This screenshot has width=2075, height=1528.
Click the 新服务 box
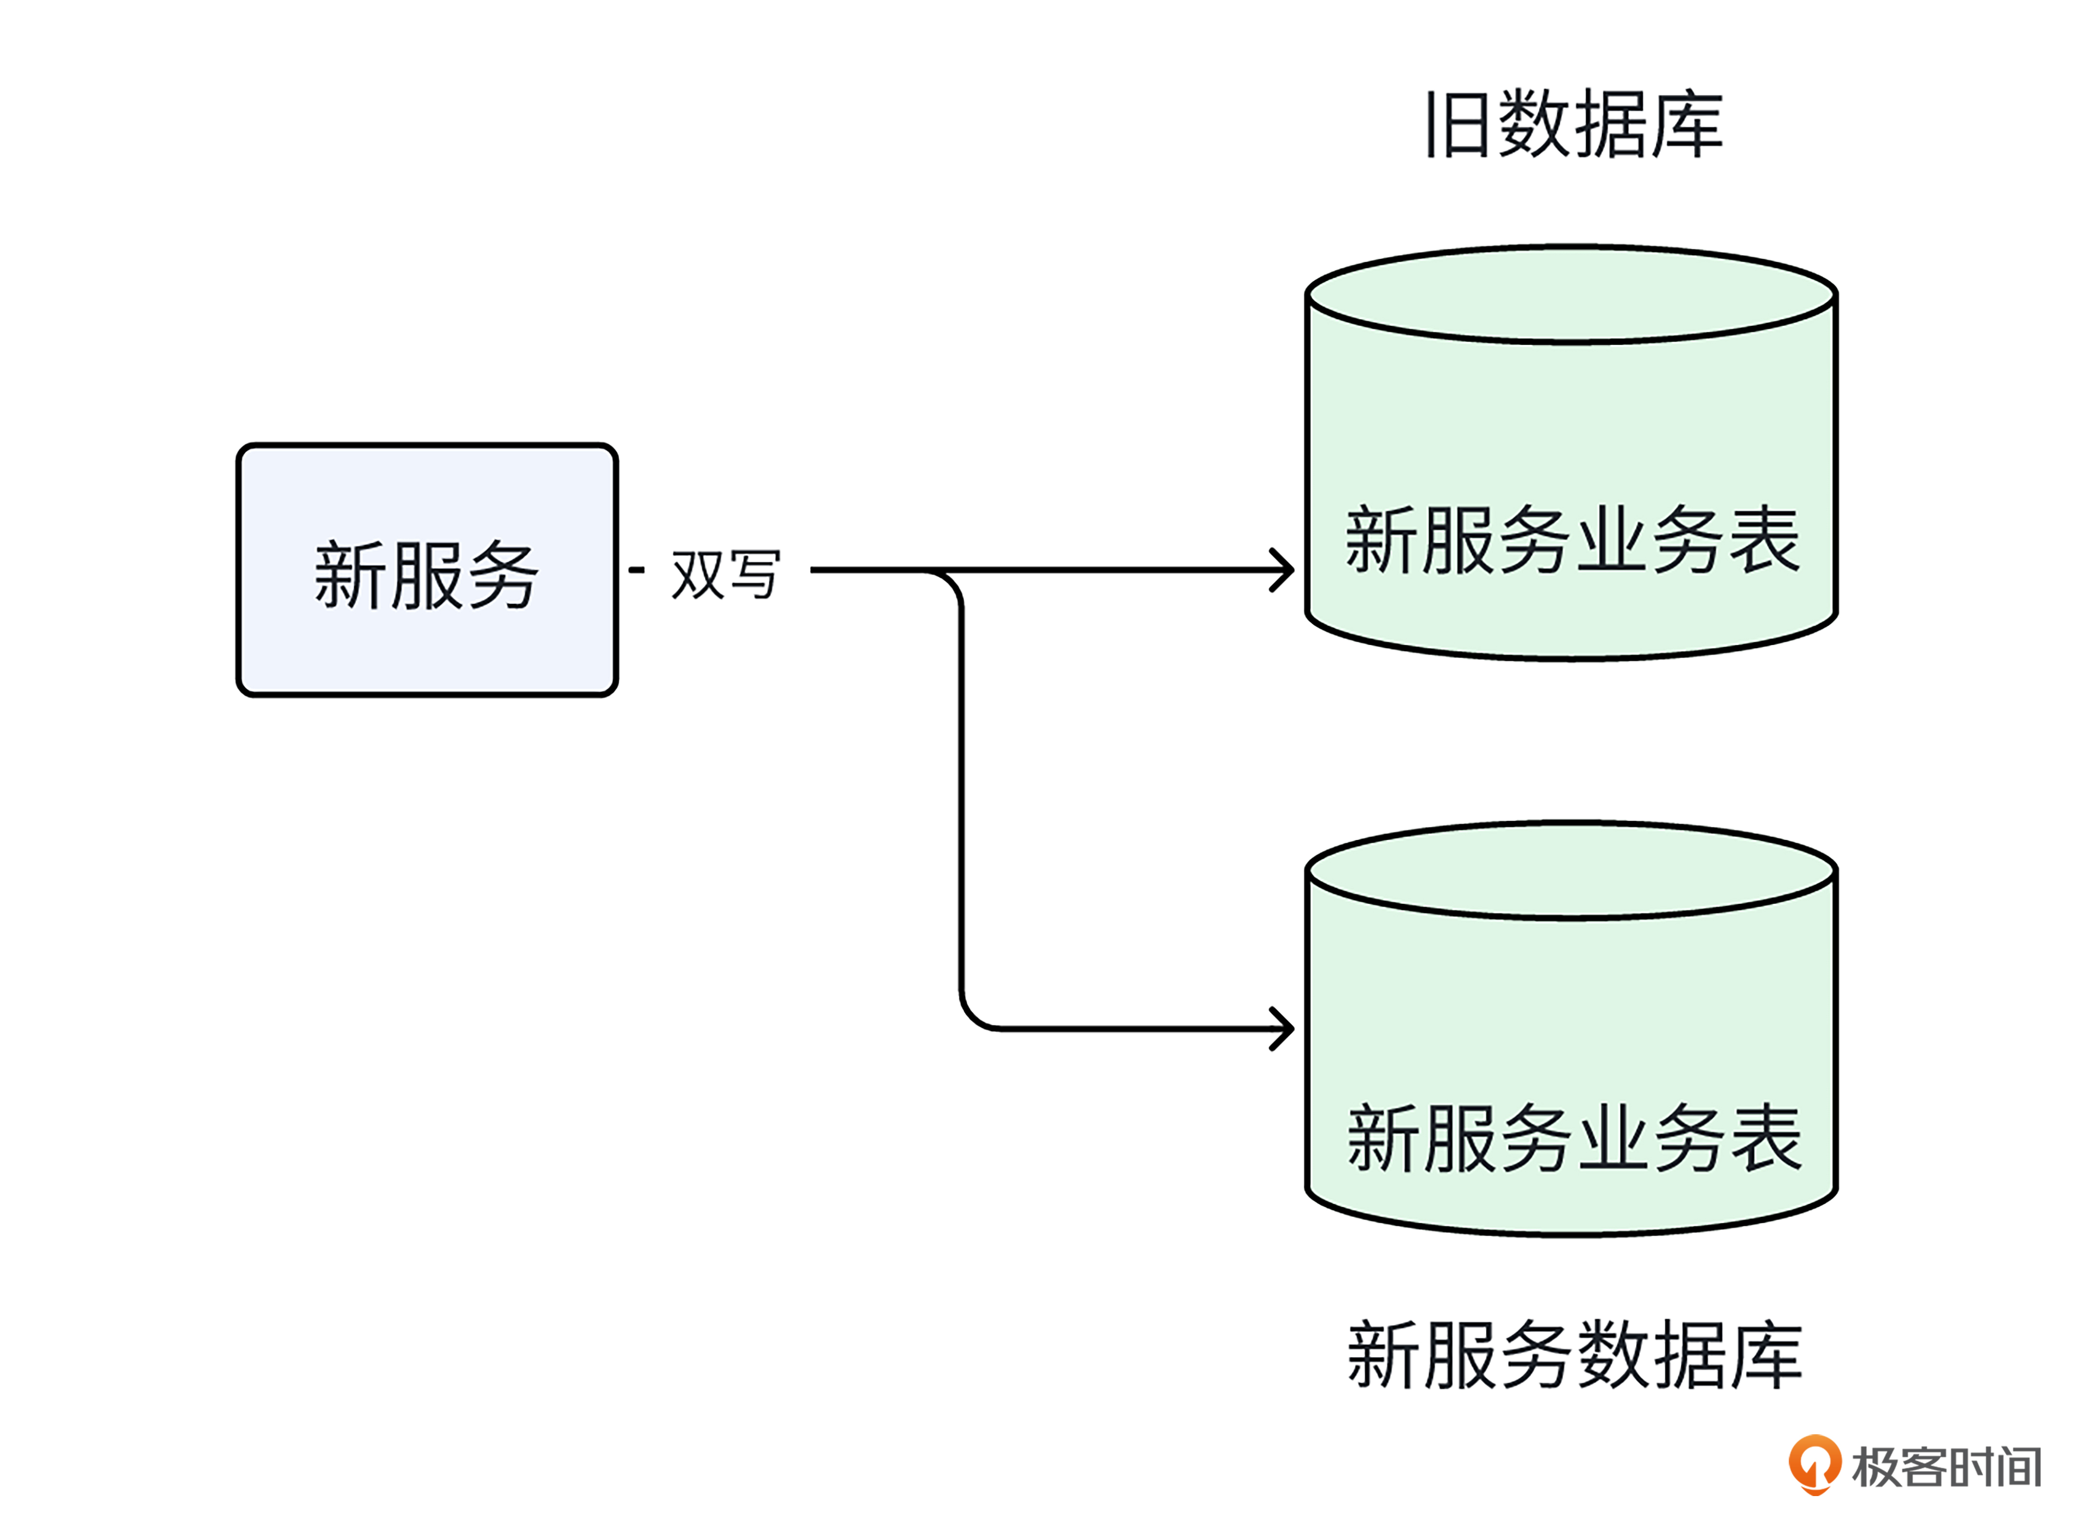[x=427, y=570]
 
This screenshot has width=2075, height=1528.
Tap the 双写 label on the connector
[x=725, y=574]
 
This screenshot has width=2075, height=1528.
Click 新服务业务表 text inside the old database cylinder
[x=1572, y=540]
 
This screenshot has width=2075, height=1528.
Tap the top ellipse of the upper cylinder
[x=1571, y=294]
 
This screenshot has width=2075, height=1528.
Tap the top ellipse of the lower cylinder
[x=1571, y=869]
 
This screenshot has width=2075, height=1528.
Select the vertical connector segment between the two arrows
[x=961, y=795]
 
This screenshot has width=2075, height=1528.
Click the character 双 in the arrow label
[x=697, y=574]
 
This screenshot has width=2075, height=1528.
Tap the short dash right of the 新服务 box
[x=636, y=570]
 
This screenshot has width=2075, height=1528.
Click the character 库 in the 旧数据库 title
[x=1687, y=124]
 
